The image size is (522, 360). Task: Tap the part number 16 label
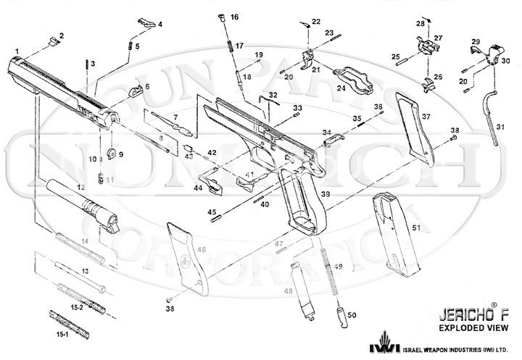233,17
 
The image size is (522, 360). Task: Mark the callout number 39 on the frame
326,194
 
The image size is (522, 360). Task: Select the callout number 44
197,188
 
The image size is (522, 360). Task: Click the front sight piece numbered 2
51,43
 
